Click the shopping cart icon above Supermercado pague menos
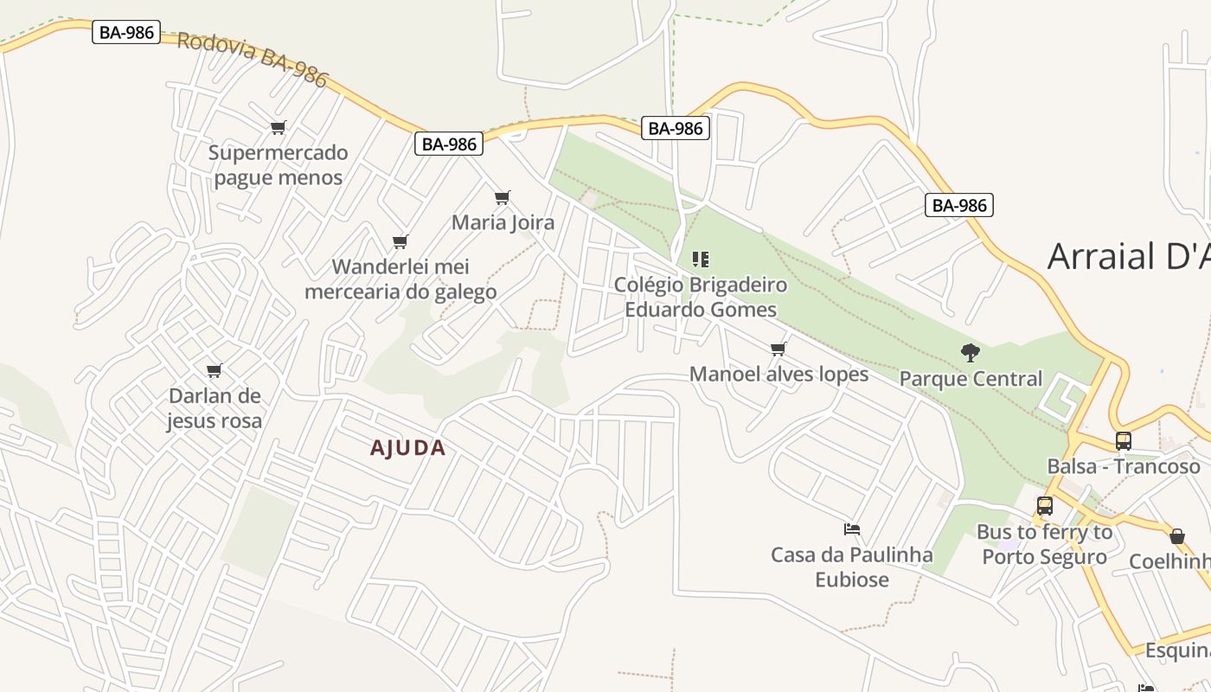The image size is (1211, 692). click(x=278, y=128)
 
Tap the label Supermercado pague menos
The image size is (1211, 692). click(x=278, y=165)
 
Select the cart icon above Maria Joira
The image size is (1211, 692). click(x=502, y=197)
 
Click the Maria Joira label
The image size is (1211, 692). click(x=503, y=222)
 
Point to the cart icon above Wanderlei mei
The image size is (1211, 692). click(x=400, y=241)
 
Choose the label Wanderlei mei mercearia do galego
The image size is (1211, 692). click(x=400, y=279)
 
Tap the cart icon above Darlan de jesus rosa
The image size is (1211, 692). click(x=214, y=371)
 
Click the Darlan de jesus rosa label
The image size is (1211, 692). click(x=215, y=408)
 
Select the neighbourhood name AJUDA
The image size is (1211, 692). click(x=407, y=447)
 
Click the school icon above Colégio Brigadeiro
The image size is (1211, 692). click(x=701, y=259)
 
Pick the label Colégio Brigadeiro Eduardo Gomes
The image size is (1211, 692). click(x=701, y=297)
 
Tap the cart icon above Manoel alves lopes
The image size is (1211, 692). click(x=778, y=349)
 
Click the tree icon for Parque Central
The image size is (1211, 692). click(x=970, y=353)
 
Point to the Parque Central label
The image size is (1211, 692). click(x=971, y=379)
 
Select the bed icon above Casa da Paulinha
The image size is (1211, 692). click(x=851, y=529)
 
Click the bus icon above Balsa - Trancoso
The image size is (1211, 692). click(x=1123, y=440)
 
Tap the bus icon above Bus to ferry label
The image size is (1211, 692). click(x=1044, y=506)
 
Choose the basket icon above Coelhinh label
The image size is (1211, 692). click(x=1176, y=536)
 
